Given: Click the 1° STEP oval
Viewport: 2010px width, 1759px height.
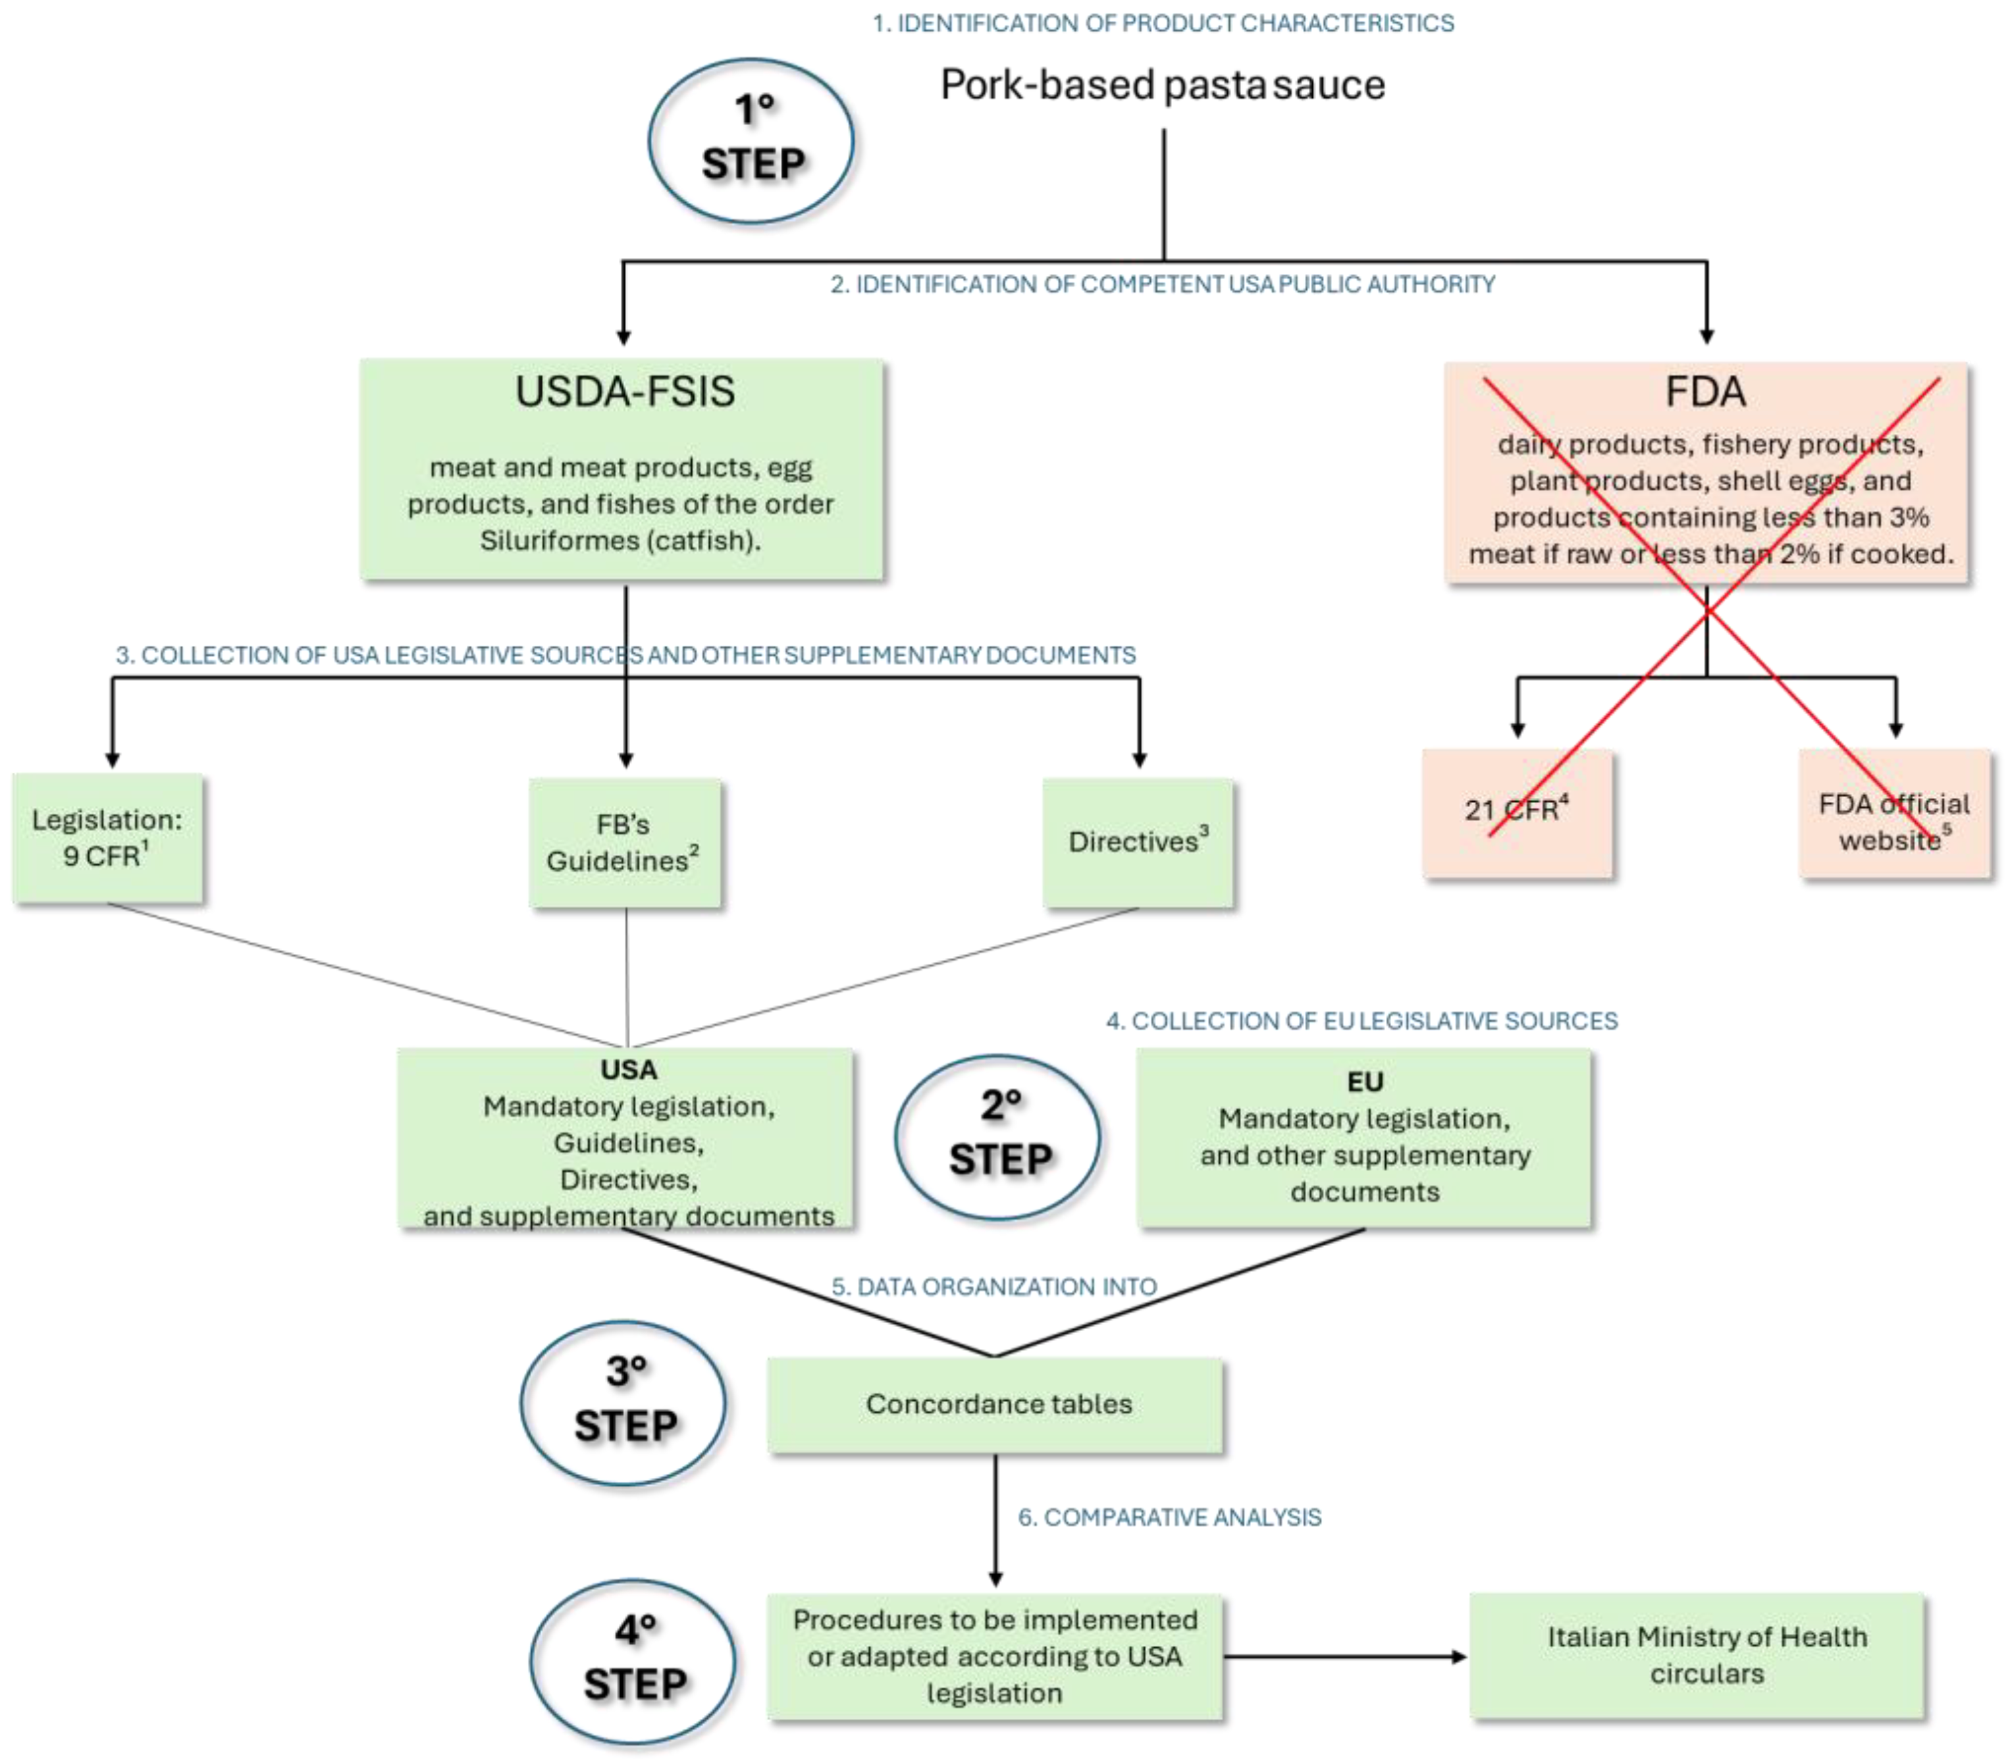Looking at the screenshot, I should [751, 140].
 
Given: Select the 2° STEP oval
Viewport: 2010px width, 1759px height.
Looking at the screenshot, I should [997, 1137].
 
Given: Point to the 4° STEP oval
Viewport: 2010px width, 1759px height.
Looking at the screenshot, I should [633, 1661].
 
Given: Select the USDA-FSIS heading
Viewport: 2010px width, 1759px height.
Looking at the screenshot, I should [625, 392].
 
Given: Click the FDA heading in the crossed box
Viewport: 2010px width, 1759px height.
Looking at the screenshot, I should [1706, 392].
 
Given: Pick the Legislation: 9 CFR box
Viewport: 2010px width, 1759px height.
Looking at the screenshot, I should [107, 837].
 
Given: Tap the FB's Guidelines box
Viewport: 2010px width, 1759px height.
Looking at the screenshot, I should [624, 842].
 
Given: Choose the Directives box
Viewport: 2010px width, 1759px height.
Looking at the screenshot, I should [1138, 842].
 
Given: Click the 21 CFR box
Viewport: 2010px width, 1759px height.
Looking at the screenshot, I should [1516, 811].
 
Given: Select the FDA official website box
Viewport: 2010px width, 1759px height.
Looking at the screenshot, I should [1894, 821].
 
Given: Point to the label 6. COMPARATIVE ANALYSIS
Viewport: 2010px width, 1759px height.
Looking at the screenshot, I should [1169, 1517].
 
